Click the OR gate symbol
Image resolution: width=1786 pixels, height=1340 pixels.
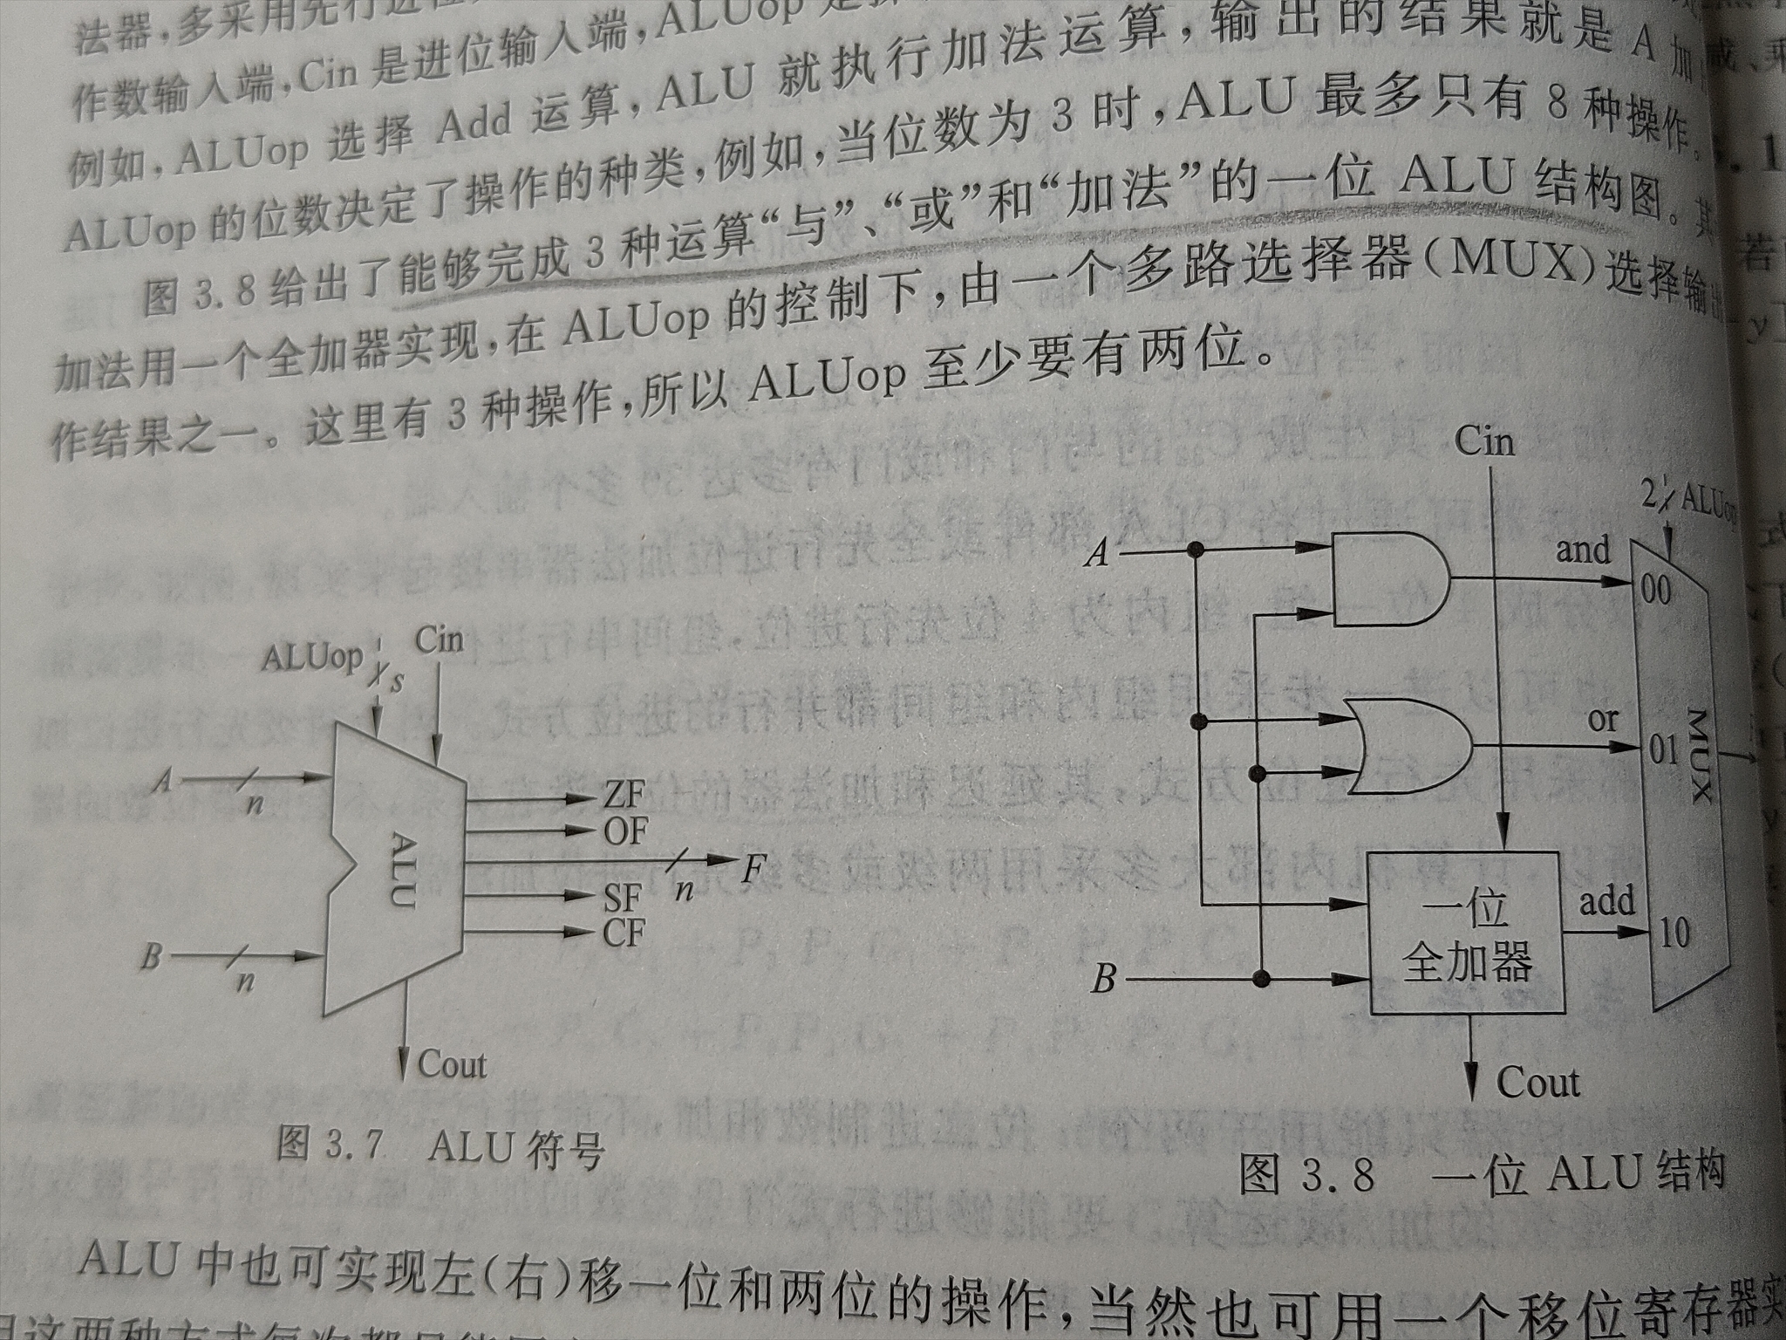1404,746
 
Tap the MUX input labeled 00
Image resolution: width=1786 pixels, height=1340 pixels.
1654,591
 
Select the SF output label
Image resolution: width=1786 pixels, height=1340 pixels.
623,898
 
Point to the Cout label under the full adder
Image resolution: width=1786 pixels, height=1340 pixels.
1537,1084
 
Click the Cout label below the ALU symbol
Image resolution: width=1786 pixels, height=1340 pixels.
452,1065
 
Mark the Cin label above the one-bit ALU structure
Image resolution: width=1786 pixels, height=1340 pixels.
1484,442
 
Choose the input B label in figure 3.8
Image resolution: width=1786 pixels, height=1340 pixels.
1103,980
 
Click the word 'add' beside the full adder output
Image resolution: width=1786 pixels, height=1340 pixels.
1606,901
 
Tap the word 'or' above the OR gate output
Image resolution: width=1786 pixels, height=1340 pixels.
1603,720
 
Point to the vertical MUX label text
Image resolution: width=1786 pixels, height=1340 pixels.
1700,755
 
